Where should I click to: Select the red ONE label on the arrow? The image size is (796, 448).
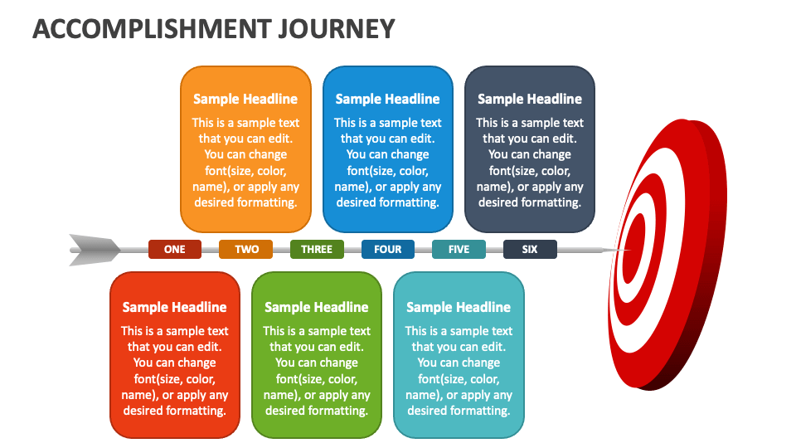(175, 249)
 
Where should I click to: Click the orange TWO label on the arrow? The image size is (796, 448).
(246, 249)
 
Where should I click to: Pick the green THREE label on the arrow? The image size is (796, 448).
(317, 249)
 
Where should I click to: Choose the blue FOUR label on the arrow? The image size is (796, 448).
(388, 249)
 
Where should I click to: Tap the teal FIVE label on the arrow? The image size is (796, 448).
(459, 249)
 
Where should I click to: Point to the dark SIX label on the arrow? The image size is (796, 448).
(530, 249)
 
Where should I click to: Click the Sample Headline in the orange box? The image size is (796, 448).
(245, 99)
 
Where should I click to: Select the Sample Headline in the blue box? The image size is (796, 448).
(387, 99)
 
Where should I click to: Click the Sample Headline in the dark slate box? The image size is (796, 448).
(530, 99)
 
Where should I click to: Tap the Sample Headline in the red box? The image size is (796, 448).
(175, 307)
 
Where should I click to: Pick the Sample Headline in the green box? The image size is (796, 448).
(317, 307)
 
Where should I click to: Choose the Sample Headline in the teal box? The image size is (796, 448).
(459, 307)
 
